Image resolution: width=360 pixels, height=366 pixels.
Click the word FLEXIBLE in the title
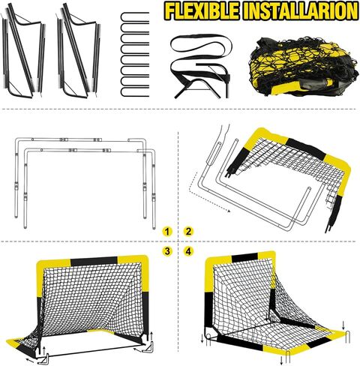204,12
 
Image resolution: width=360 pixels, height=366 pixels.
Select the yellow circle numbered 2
188,231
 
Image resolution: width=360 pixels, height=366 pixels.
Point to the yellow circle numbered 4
188,251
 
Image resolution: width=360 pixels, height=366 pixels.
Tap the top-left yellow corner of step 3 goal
49,267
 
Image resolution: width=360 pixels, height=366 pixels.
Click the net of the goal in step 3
90,307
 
